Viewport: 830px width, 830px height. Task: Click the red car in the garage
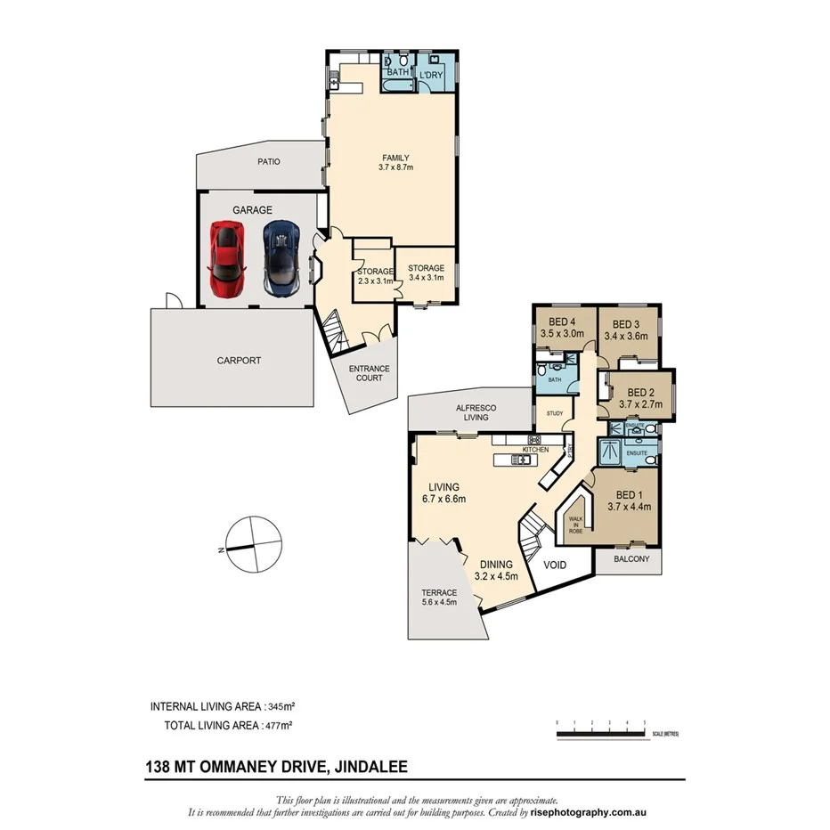226,259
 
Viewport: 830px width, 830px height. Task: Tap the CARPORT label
239,361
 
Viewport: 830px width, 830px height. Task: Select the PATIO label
269,162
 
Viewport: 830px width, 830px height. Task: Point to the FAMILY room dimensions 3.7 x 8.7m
395,167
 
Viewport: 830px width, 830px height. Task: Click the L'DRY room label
432,76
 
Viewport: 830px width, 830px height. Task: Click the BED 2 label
641,392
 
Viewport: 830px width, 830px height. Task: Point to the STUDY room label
553,413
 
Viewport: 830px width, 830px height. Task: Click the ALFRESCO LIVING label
476,411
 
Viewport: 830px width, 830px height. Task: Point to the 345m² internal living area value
303,706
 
